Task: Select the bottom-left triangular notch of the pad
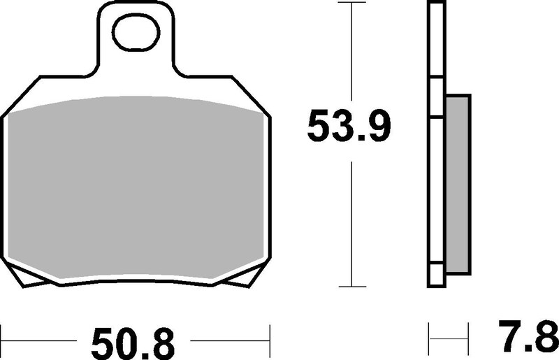[28, 282]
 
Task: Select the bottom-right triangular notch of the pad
[242, 282]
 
